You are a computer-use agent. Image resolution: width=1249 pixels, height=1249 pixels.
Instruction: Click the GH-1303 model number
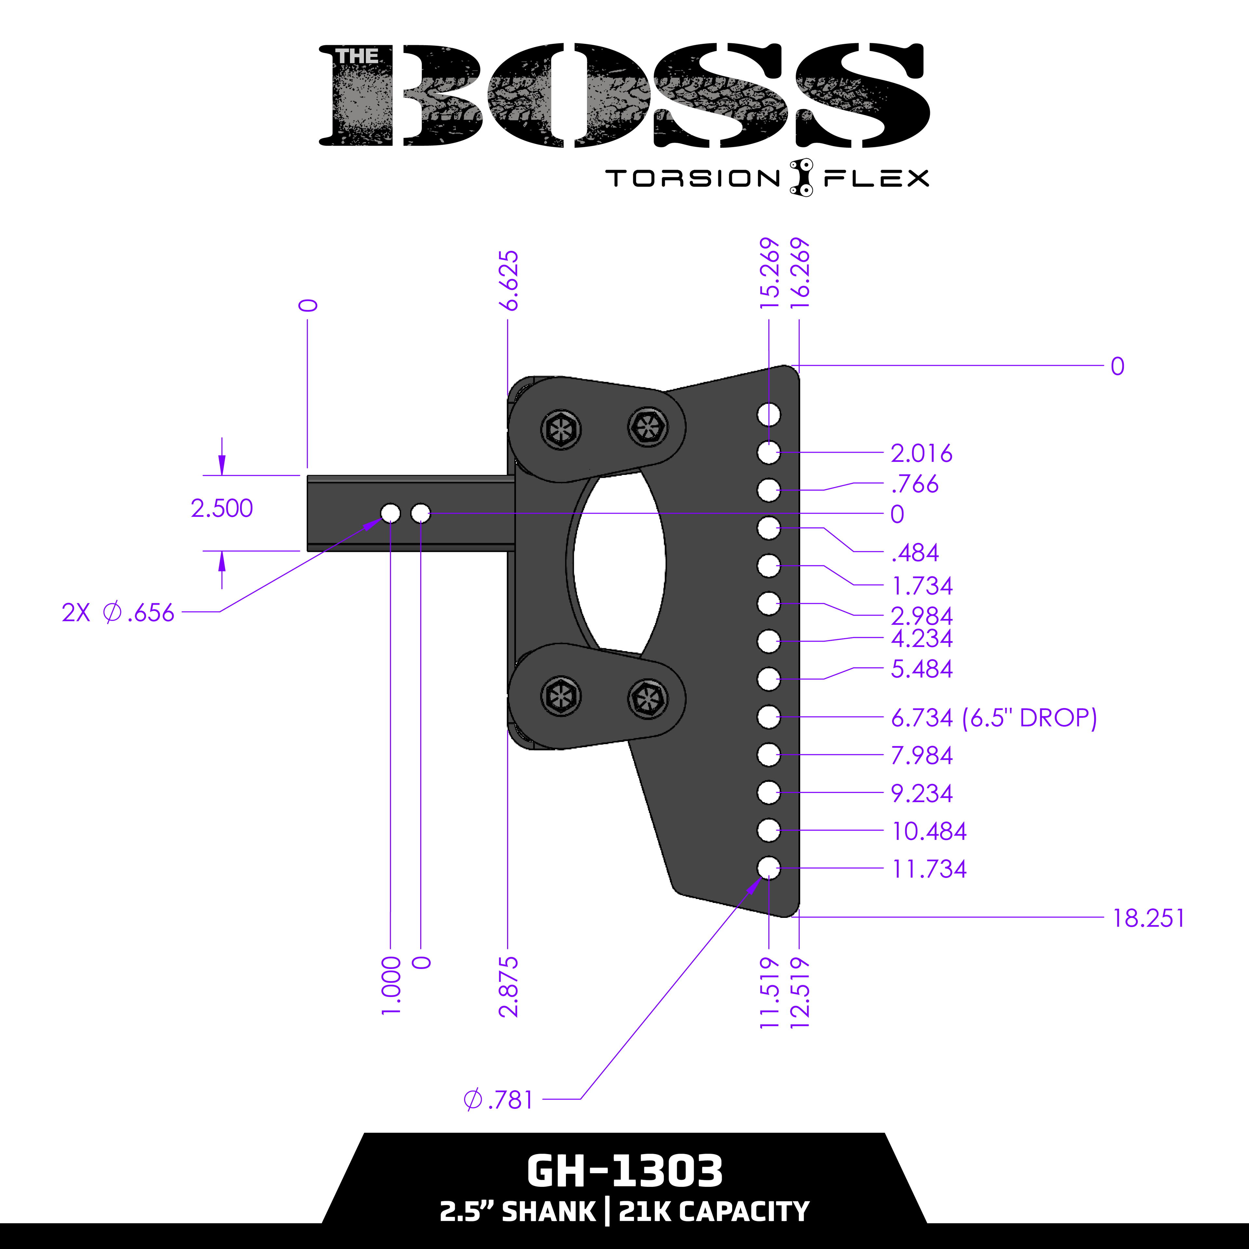(x=624, y=1171)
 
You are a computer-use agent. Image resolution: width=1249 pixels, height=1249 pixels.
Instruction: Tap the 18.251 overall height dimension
(x=1148, y=919)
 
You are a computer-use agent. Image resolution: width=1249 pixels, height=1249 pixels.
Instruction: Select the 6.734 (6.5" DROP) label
(x=994, y=718)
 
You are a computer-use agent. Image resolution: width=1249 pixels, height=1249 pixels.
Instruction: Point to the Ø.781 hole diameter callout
(x=498, y=1100)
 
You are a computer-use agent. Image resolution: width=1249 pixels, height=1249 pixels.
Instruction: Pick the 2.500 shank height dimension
(x=222, y=508)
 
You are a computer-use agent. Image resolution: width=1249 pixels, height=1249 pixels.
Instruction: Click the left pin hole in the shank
(x=390, y=513)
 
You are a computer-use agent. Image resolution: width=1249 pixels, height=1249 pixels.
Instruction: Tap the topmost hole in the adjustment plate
(x=769, y=414)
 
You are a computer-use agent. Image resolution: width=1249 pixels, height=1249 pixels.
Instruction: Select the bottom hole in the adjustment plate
(x=769, y=867)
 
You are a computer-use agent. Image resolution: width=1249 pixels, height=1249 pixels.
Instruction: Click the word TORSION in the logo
(x=693, y=179)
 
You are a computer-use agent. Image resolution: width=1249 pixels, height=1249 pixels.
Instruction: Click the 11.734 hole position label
(x=929, y=869)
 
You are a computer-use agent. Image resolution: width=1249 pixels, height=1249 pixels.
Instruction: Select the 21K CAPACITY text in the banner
(x=714, y=1212)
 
